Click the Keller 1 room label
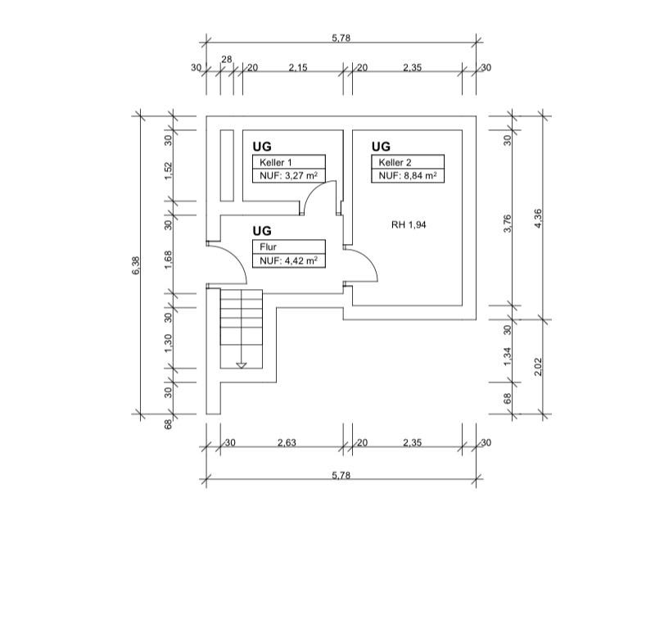[x=276, y=162]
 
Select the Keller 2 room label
[x=395, y=162]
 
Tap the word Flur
[x=268, y=247]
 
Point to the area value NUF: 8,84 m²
[x=408, y=175]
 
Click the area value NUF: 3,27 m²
[x=288, y=175]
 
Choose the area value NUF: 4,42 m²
[x=288, y=260]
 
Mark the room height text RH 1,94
[x=409, y=224]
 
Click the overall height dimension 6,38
[x=137, y=265]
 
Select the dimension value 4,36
[x=538, y=218]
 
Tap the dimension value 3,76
[x=508, y=224]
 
